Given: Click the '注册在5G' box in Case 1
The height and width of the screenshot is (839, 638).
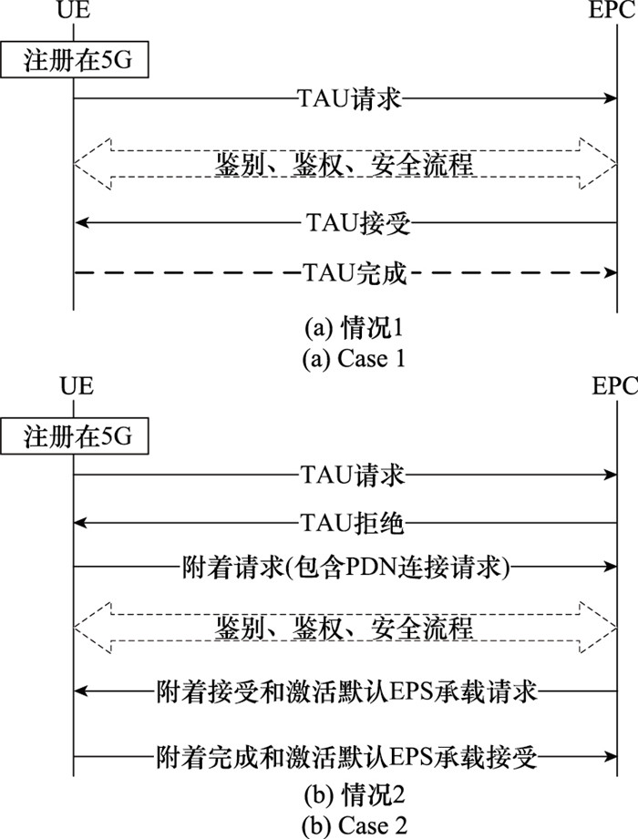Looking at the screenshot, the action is coord(74,60).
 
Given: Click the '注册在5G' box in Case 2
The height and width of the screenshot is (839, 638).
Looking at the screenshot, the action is coord(74,436).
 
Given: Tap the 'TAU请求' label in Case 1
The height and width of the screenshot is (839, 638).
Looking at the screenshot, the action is coord(349,99).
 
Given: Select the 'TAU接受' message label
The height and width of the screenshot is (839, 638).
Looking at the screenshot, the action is coord(358,222).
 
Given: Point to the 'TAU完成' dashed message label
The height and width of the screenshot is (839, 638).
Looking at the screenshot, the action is coord(355,273).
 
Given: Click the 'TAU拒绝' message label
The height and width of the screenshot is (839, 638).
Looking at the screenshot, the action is coord(352,522).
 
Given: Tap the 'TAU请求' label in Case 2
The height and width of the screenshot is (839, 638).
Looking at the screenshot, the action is coord(352,475).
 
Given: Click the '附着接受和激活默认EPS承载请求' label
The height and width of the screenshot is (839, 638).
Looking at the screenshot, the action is coord(346,691).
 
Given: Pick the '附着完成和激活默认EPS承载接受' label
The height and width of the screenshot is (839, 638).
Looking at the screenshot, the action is coord(346,757).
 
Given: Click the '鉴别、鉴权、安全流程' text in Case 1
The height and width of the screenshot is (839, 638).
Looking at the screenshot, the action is coord(345,164).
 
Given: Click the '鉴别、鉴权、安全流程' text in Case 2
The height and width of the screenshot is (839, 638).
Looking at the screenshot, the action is coord(345,628).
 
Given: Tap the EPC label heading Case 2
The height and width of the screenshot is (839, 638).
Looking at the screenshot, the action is coord(614,385).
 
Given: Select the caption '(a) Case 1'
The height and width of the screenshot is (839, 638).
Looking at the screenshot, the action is coord(354,359).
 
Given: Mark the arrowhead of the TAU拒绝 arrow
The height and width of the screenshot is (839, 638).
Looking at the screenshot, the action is coord(81,522).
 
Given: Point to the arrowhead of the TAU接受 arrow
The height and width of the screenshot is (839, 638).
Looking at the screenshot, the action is coord(81,222).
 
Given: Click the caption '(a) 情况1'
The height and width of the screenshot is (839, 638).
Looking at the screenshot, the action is coord(354,328).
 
